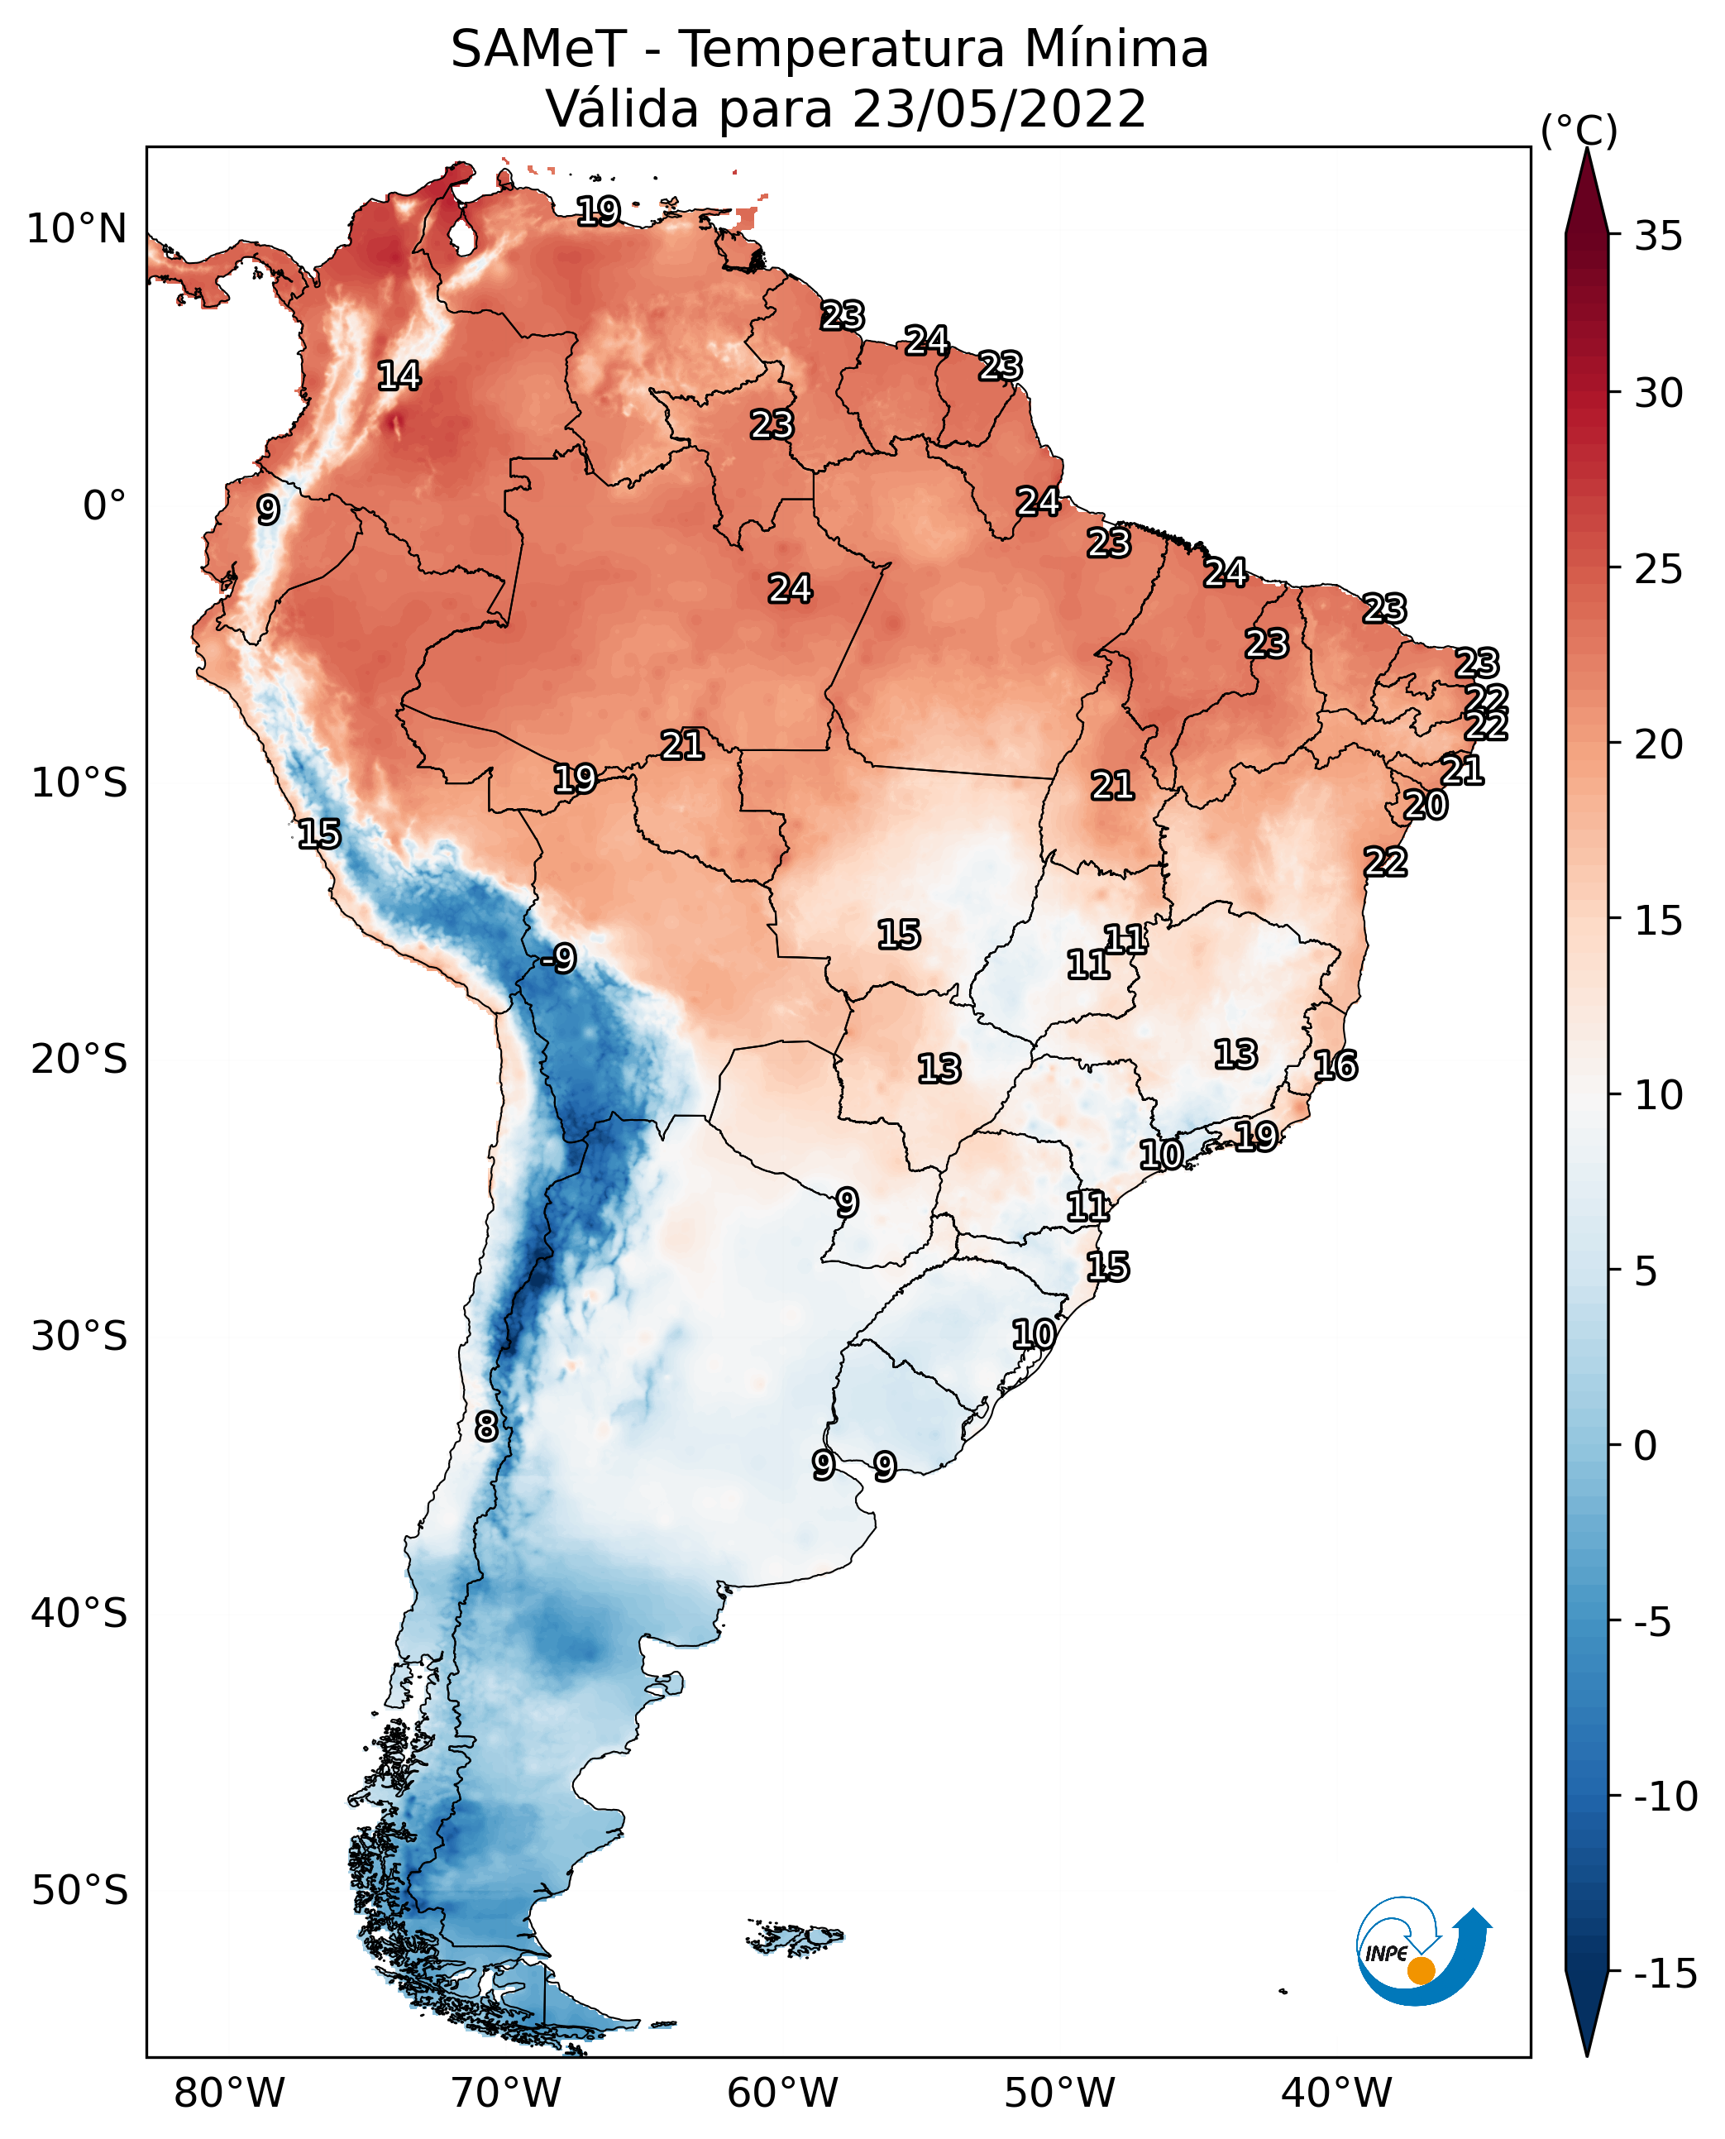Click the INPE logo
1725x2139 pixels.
(1423, 1954)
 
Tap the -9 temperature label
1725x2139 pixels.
(560, 959)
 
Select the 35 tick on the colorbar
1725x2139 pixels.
(1658, 237)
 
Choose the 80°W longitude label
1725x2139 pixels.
(230, 2093)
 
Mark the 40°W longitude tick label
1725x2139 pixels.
(1336, 2093)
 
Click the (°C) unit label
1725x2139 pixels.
(1579, 130)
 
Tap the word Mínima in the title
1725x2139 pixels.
(1116, 50)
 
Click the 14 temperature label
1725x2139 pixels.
(399, 376)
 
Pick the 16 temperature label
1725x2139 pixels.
(1336, 1066)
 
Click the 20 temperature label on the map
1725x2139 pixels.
(1425, 805)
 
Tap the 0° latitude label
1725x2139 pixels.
(104, 506)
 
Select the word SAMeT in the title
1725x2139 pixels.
(538, 50)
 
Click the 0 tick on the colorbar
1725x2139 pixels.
(1646, 1445)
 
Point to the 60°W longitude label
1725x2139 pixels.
(783, 2093)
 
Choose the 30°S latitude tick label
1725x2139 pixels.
(79, 1337)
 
